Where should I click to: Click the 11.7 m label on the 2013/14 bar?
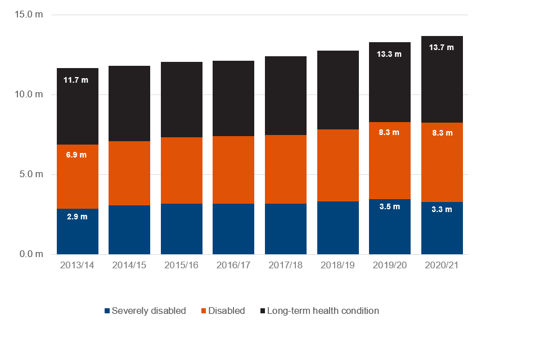(76, 80)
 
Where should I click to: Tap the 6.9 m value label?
(76, 155)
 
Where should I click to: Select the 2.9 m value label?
(76, 217)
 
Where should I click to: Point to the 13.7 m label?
(441, 48)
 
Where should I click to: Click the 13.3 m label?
(389, 55)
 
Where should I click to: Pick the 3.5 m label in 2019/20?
(389, 206)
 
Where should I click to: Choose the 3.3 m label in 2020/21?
(441, 209)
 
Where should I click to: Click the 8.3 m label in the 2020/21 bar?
(441, 132)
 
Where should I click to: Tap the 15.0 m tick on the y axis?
(28, 15)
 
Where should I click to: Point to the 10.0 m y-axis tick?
(28, 94)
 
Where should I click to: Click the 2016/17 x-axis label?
(233, 265)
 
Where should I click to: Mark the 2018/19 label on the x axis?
(337, 265)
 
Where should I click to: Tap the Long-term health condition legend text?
(323, 310)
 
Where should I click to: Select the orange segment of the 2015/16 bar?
(182, 170)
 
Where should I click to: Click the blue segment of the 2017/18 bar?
(286, 229)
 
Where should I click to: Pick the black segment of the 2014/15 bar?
(129, 103)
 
